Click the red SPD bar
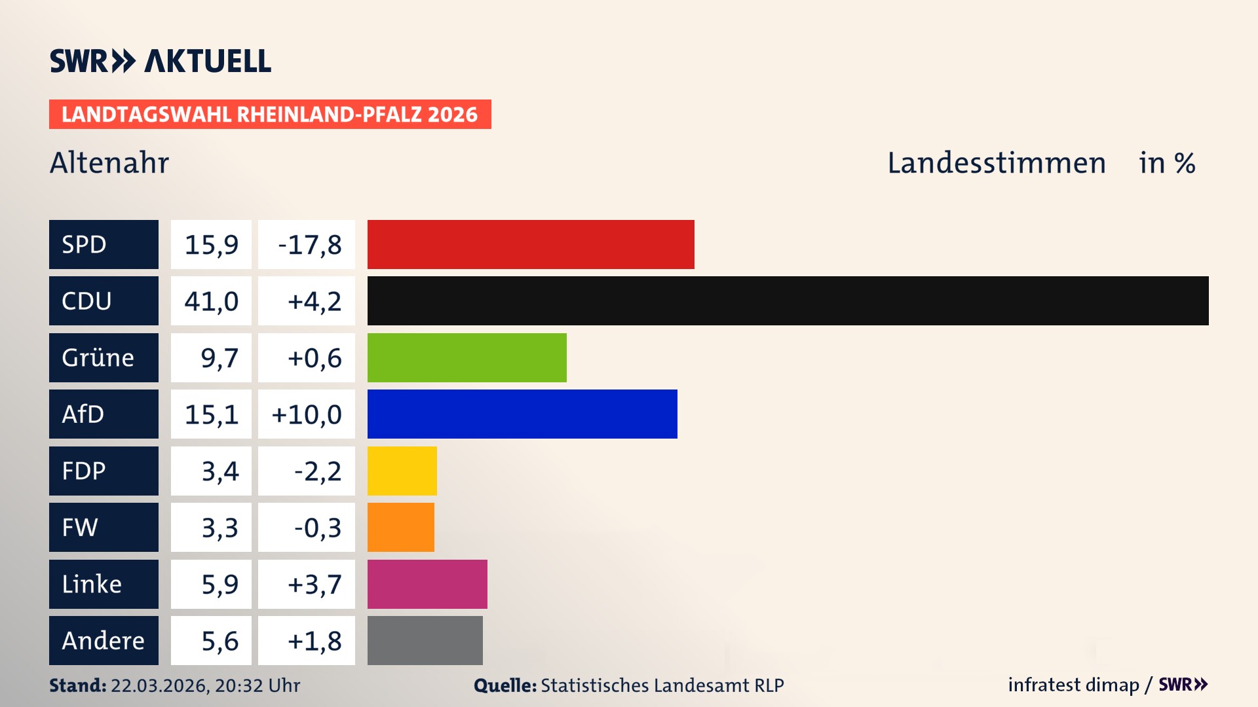tap(531, 244)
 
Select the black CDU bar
tap(788, 300)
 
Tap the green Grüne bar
tap(467, 357)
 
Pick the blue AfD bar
tap(522, 414)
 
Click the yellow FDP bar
tap(402, 471)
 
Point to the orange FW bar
tap(400, 527)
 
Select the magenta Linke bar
tap(427, 584)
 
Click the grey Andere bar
tap(425, 640)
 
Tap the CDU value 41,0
tap(211, 301)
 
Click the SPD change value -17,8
tap(309, 245)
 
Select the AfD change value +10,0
tap(307, 414)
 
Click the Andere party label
tap(104, 640)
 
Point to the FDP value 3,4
tap(219, 471)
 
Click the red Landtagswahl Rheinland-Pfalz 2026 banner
tap(270, 115)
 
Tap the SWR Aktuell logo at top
tap(161, 61)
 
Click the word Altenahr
tap(109, 163)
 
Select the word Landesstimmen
tap(996, 163)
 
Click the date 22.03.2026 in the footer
tap(159, 685)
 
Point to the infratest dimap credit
tap(1073, 685)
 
